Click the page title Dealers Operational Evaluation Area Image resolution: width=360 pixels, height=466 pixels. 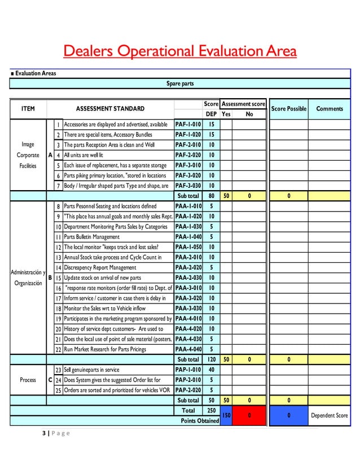[x=179, y=52]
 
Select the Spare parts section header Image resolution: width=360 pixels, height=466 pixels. [x=180, y=83]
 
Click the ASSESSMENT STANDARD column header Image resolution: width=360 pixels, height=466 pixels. [x=110, y=108]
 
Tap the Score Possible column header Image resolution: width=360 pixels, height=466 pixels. [x=288, y=108]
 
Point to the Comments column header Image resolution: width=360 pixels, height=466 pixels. [x=330, y=108]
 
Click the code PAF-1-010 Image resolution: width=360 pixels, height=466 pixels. [x=188, y=124]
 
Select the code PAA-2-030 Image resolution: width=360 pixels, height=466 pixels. [x=188, y=278]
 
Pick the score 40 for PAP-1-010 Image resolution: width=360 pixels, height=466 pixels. [x=211, y=370]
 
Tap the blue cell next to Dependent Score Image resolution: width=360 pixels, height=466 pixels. [x=288, y=415]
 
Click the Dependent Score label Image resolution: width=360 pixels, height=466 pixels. [x=330, y=416]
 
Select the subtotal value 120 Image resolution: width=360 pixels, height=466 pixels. [x=211, y=359]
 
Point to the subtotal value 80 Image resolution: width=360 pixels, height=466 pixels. [x=211, y=196]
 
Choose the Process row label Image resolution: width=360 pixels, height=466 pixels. [x=28, y=380]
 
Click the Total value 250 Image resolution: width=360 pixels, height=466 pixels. [x=211, y=410]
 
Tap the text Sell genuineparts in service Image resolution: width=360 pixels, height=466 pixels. [x=91, y=370]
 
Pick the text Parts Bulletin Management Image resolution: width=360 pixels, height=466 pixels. [x=91, y=237]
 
